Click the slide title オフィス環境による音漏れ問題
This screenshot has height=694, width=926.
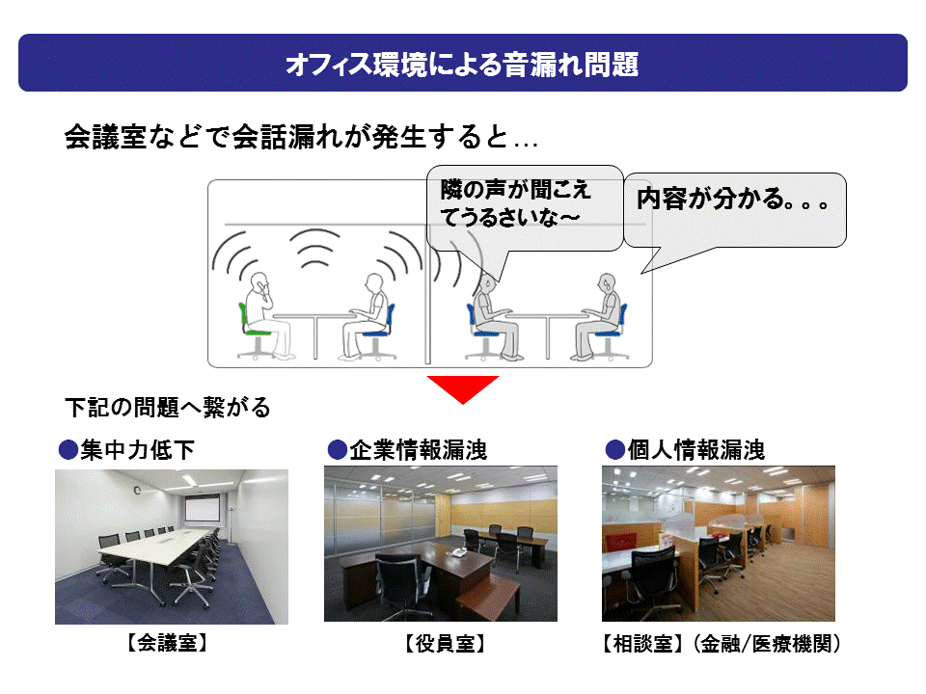click(x=462, y=64)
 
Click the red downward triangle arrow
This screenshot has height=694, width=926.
click(x=463, y=388)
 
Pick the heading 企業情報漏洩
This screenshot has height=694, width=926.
click(x=417, y=450)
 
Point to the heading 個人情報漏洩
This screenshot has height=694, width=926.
click(x=695, y=450)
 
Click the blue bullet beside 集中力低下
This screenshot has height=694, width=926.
click(x=68, y=450)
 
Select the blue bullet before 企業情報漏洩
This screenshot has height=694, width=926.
click(x=337, y=450)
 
